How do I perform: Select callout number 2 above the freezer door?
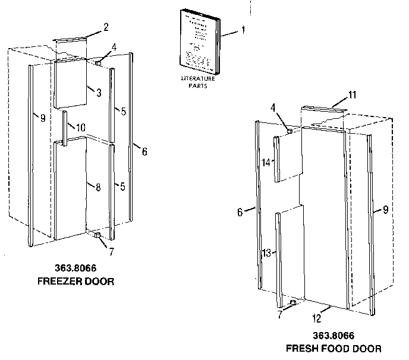click(x=105, y=27)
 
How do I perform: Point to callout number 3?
click(x=98, y=92)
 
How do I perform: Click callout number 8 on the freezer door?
click(x=98, y=187)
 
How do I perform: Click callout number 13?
click(x=267, y=252)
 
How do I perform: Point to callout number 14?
click(x=266, y=162)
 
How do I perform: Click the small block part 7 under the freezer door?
click(x=95, y=236)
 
